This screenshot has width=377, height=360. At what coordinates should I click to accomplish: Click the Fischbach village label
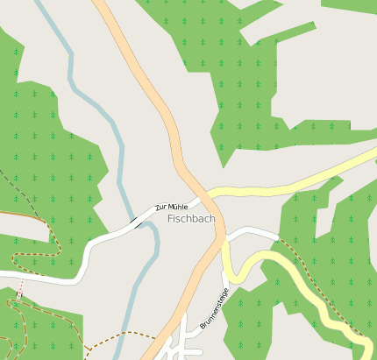(191, 218)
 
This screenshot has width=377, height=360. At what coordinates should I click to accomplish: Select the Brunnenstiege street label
(214, 308)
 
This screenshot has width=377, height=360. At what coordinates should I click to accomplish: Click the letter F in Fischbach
(170, 218)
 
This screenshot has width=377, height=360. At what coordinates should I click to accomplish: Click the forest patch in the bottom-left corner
(35, 328)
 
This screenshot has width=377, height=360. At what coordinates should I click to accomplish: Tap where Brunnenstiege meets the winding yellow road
(226, 274)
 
